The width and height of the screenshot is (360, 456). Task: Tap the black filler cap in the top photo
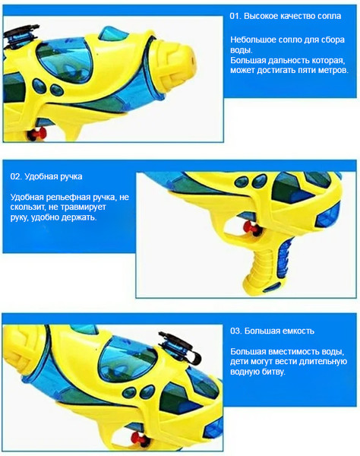[21, 34]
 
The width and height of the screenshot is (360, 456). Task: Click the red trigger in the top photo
[37, 134]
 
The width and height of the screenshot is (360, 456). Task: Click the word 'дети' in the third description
[238, 362]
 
